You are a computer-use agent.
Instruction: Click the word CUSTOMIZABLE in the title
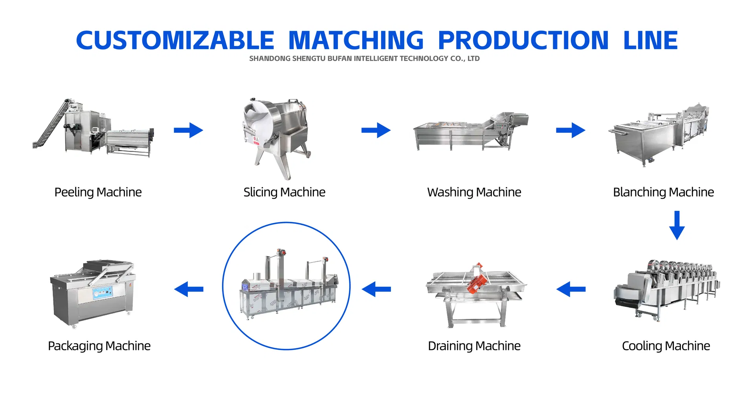pos(175,40)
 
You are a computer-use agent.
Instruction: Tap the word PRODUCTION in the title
pos(523,40)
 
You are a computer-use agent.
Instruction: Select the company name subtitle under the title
pos(364,59)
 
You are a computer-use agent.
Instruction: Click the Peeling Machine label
pos(98,192)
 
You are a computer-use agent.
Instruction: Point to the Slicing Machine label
pos(284,192)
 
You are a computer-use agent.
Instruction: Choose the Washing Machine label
pos(474,192)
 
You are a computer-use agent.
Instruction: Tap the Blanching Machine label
pos(664,192)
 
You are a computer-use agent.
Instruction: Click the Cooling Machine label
pos(666,346)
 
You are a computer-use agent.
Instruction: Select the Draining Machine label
pos(474,346)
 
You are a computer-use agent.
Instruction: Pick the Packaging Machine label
pos(99,346)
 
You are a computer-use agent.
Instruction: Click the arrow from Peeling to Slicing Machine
pos(189,130)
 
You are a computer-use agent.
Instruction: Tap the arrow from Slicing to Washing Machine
pos(376,130)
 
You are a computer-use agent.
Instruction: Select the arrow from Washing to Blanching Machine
pos(571,130)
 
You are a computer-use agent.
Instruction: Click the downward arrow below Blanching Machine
pos(677,225)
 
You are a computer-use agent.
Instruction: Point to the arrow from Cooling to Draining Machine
pos(571,289)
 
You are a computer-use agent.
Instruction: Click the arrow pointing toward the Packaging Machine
pos(189,289)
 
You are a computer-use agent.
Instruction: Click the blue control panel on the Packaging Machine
pos(103,293)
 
